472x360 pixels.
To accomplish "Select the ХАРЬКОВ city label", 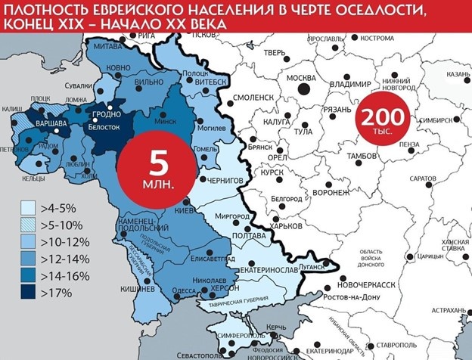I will (287, 226).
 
